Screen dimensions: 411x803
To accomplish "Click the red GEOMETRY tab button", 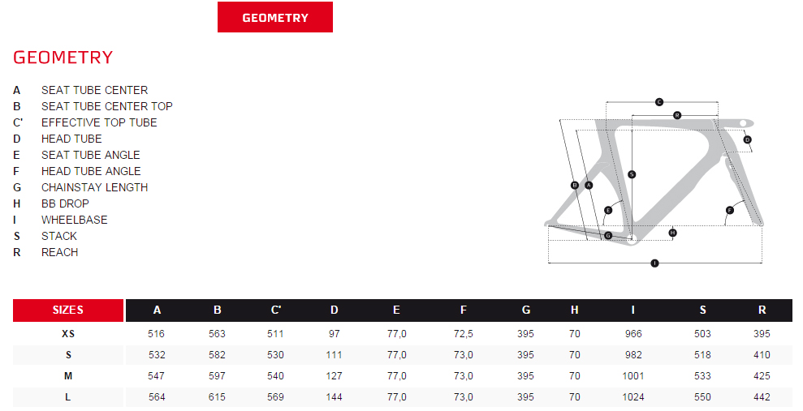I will pos(275,17).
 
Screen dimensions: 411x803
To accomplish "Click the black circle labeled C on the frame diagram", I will pos(659,101).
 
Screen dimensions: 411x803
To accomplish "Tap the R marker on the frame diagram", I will pos(676,115).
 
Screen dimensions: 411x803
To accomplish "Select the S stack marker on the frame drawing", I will pos(632,174).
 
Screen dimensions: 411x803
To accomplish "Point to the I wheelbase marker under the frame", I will pos(654,263).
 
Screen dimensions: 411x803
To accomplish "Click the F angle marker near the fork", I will pos(729,211).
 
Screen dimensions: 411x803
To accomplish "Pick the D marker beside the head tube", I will pos(747,139).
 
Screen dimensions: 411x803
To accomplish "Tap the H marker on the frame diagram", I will pos(672,233).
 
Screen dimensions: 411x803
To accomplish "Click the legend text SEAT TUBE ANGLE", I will pos(90,155).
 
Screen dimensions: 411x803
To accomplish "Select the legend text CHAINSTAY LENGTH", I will pos(94,187).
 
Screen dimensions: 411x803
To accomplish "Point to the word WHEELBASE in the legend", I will pos(74,220).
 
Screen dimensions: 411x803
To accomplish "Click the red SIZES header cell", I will pos(68,310).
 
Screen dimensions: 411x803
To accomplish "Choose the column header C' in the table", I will pos(276,310).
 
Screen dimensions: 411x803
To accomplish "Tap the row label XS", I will pos(68,333).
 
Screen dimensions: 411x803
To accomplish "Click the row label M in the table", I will pos(68,376).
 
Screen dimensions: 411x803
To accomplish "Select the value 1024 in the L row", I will pos(632,397).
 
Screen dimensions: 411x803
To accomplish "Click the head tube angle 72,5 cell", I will pos(463,333).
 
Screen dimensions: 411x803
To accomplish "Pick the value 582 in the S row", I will pos(218,355).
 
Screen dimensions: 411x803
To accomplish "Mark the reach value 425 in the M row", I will pos(762,376).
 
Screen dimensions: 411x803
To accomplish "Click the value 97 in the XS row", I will pos(335,333).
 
